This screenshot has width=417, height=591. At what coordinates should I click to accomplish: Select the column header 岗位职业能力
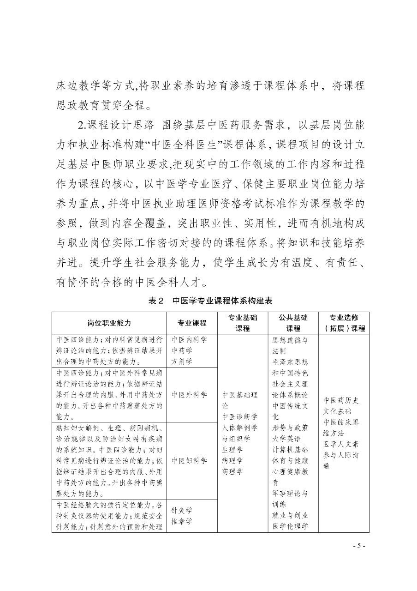109,323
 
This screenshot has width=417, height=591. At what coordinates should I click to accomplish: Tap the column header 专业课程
192,323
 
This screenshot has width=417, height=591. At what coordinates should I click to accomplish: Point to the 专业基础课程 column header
243,323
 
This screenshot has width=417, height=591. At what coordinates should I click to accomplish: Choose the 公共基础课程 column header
293,323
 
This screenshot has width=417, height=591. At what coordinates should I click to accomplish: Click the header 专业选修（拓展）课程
344,323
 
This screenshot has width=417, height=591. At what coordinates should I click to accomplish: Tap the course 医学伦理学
290,526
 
